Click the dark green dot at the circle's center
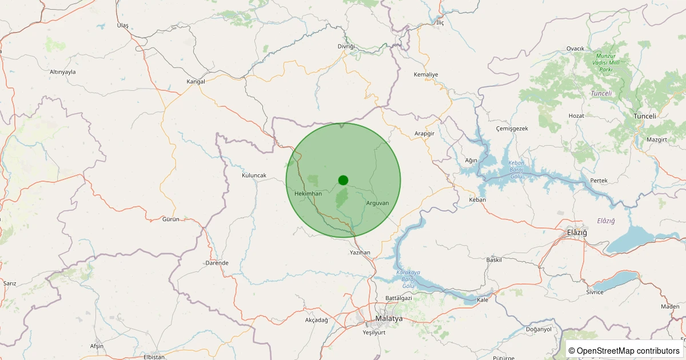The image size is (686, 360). (343, 180)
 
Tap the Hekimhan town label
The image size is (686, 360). (308, 194)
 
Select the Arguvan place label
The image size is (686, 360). (377, 203)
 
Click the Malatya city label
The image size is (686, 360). (389, 318)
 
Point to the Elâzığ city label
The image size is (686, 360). (576, 233)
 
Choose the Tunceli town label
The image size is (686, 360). (645, 116)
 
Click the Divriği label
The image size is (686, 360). (346, 46)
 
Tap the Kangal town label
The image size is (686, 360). (196, 82)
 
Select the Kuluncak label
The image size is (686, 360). (254, 175)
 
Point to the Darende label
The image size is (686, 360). (217, 263)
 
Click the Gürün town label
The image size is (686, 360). (171, 219)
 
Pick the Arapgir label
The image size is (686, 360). (424, 134)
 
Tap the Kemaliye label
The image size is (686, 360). (425, 75)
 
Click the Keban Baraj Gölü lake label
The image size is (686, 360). (516, 170)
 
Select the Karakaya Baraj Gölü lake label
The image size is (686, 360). (408, 279)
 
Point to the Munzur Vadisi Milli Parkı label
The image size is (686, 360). (606, 62)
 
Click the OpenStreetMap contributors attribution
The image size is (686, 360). (624, 350)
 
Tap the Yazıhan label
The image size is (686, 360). (360, 252)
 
